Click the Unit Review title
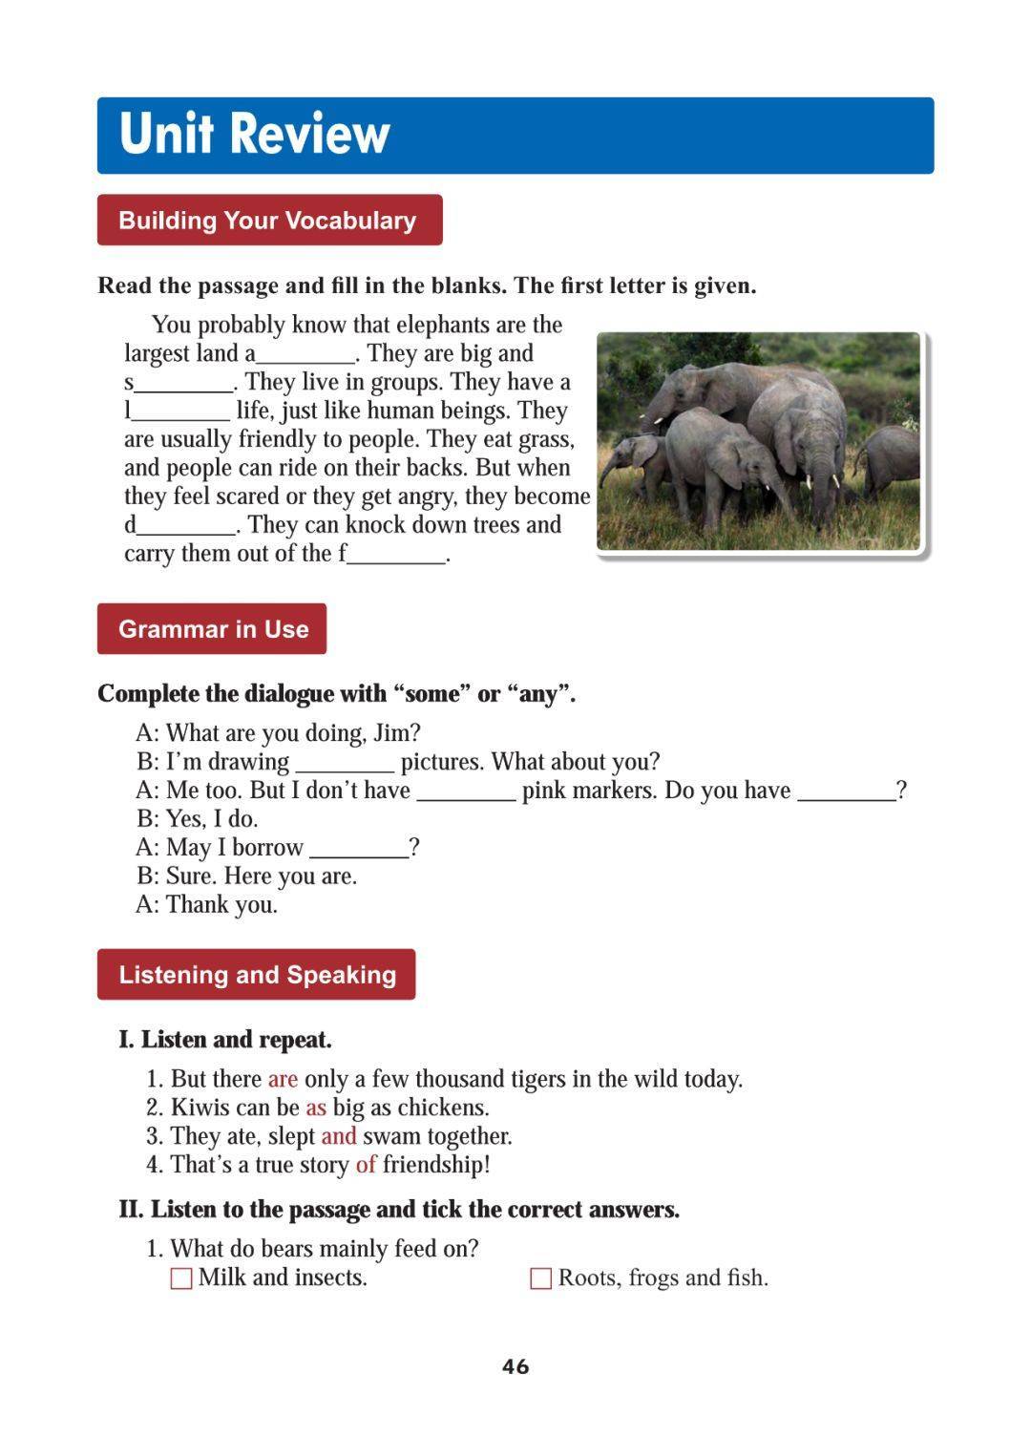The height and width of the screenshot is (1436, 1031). (255, 134)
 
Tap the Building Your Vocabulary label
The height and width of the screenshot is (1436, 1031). (268, 221)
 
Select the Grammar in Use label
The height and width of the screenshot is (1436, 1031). (213, 629)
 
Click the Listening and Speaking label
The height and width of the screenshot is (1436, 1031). (257, 975)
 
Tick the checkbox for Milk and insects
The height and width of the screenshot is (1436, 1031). (181, 1278)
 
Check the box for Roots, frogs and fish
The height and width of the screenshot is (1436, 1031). (540, 1278)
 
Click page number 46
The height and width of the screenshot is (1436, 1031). (515, 1366)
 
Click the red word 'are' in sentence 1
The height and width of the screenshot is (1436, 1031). (283, 1079)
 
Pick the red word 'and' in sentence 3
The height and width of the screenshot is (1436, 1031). (339, 1136)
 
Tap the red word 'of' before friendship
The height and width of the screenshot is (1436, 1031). (366, 1165)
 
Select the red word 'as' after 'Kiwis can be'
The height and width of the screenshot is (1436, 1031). (316, 1108)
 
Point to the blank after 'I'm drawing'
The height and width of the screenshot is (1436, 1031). (345, 765)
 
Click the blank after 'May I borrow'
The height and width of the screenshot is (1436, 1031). (359, 851)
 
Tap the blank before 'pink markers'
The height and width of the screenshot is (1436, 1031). (467, 793)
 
